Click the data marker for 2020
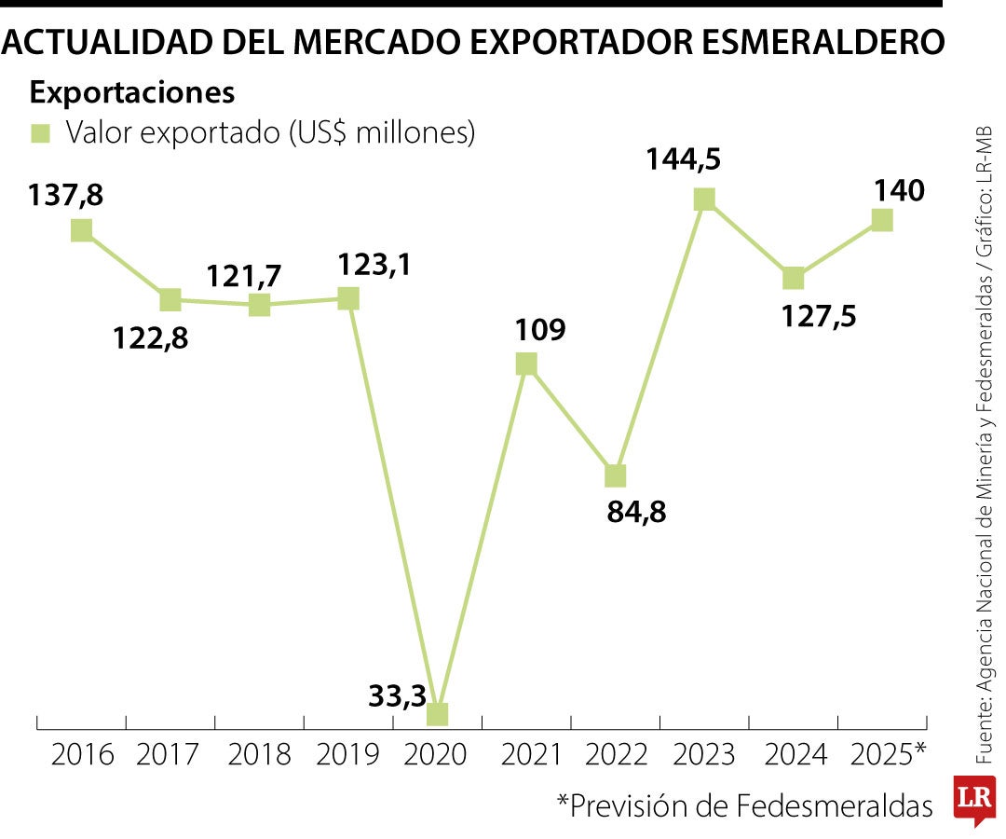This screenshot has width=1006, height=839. [437, 713]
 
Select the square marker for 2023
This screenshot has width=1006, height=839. [704, 199]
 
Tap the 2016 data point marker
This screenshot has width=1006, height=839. [81, 229]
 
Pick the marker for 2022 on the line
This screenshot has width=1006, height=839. [615, 475]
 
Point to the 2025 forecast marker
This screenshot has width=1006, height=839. [881, 219]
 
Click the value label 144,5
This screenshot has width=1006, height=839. [685, 159]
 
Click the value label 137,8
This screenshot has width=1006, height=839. [65, 196]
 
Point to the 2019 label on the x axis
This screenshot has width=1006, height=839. [347, 754]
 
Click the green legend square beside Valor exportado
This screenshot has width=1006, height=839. [40, 133]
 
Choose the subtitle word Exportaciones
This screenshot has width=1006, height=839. [131, 93]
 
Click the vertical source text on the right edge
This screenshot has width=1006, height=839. [985, 447]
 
